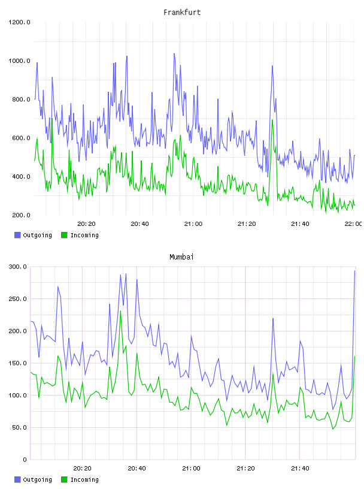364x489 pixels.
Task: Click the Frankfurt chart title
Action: [182, 13]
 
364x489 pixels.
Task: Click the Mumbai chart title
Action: [181, 257]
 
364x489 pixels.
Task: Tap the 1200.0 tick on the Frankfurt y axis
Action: [19, 22]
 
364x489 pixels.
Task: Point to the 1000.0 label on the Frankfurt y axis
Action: [19, 61]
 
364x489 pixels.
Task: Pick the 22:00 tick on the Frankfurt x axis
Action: [353, 224]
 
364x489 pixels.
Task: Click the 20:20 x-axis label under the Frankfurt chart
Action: [86, 224]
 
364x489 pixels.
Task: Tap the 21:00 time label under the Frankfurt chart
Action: [193, 224]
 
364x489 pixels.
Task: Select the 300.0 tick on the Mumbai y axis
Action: [17, 267]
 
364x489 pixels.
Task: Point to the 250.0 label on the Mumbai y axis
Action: [17, 299]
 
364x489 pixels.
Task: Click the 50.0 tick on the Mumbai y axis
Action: [19, 427]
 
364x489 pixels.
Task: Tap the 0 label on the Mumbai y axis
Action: [25, 460]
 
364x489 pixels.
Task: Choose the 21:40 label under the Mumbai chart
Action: [300, 469]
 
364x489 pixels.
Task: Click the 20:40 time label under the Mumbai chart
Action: [137, 469]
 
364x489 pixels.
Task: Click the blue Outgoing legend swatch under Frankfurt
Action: [17, 235]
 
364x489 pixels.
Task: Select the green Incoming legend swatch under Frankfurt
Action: [64, 235]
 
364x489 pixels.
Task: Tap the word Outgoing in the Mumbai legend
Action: [37, 479]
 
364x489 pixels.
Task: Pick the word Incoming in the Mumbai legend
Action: [84, 479]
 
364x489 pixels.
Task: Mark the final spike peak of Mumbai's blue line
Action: [354, 271]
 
